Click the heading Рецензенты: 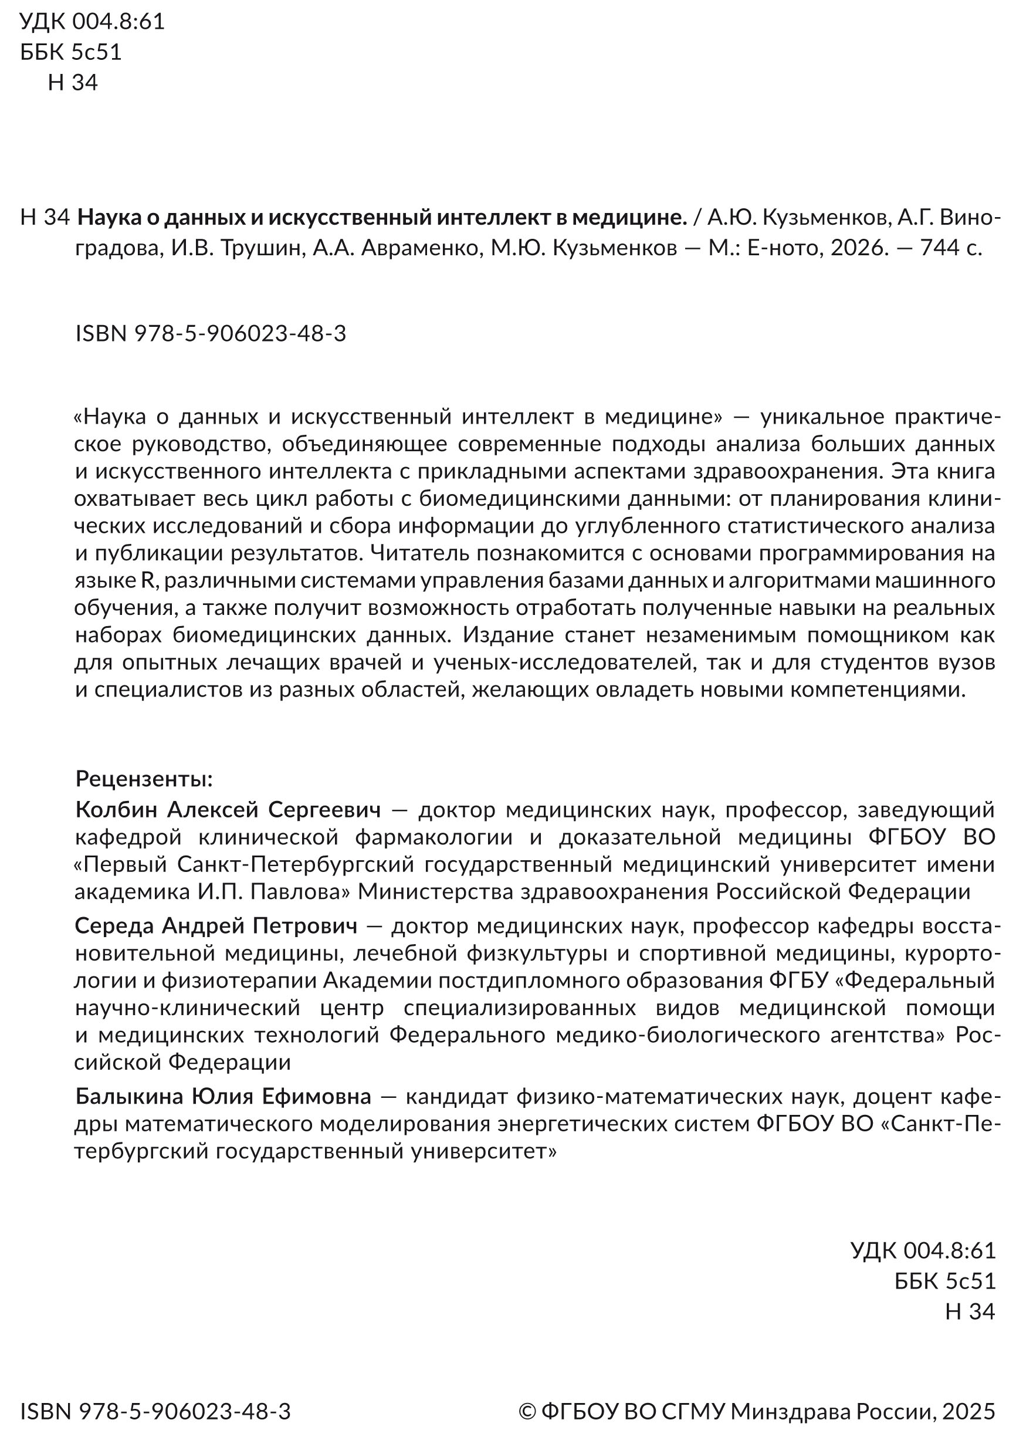pos(144,779)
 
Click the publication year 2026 pos(856,248)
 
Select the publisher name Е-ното pos(784,248)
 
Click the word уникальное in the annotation pos(821,417)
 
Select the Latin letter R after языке pos(147,580)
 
